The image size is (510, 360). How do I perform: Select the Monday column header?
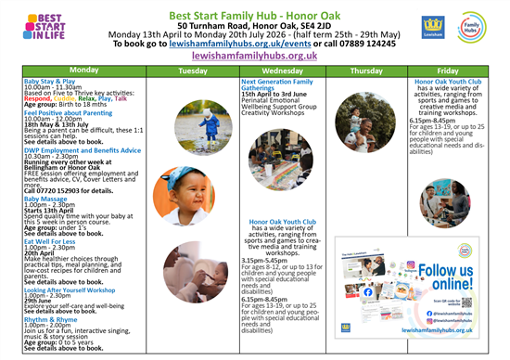pyautogui.click(x=83, y=71)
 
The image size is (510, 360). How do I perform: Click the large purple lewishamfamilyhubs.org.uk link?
pyautogui.click(x=255, y=56)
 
